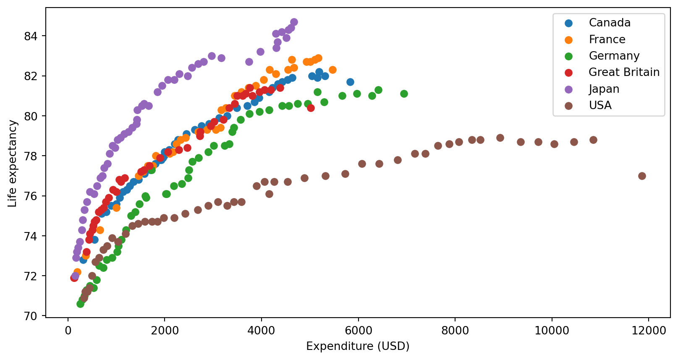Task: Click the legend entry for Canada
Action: (x=609, y=23)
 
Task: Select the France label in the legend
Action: (x=607, y=39)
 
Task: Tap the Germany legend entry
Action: (x=614, y=56)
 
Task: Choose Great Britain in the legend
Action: (x=624, y=72)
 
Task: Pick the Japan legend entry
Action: (x=604, y=89)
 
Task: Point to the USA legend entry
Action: (x=600, y=105)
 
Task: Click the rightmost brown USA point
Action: (x=642, y=176)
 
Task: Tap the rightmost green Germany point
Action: (x=404, y=94)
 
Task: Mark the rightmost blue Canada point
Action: (x=350, y=82)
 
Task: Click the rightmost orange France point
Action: (x=332, y=70)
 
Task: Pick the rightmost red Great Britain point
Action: (x=311, y=108)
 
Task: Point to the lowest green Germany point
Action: (x=80, y=304)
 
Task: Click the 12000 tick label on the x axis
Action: (x=648, y=331)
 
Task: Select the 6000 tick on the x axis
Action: (x=358, y=331)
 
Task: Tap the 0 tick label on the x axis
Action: (x=68, y=331)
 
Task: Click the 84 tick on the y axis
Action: (x=31, y=37)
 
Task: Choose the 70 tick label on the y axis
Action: (x=31, y=316)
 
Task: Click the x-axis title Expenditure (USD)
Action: (x=358, y=346)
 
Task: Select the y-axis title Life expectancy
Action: (x=13, y=164)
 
